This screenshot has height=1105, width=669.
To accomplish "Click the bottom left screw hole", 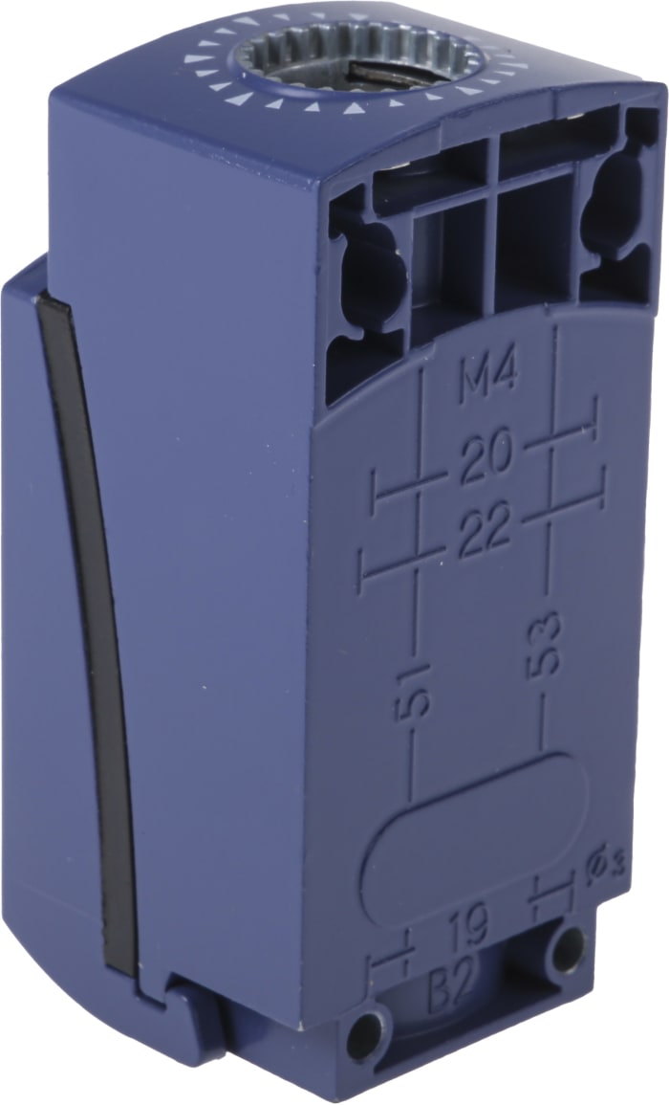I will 368,1033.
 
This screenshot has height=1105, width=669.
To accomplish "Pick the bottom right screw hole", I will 567,948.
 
